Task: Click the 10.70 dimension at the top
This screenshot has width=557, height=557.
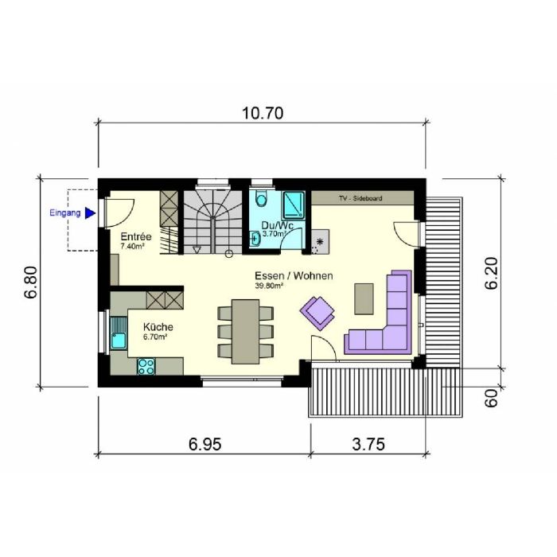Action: point(263,113)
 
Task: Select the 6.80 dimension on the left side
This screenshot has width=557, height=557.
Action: point(31,282)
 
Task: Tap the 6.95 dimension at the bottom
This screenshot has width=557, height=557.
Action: point(205,444)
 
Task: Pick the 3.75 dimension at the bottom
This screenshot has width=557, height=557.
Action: point(368,444)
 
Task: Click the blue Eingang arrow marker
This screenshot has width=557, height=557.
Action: point(91,213)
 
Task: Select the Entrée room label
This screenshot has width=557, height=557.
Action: point(136,236)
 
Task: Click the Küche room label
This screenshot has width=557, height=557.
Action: point(158,326)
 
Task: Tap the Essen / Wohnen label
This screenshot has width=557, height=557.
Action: point(294,275)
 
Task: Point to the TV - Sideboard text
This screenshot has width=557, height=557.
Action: point(360,198)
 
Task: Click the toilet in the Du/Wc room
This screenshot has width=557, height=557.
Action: point(262,199)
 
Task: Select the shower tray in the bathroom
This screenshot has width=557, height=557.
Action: point(294,205)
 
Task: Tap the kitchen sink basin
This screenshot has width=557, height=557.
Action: point(119,341)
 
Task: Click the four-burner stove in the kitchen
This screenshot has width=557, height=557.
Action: point(146,367)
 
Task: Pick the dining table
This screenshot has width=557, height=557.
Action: point(245,332)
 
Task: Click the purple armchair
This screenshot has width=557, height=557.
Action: point(317,313)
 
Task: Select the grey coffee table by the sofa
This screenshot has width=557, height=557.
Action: point(364,298)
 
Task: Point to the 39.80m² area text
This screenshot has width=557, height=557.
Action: point(269,286)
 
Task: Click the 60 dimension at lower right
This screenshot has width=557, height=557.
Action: point(491,398)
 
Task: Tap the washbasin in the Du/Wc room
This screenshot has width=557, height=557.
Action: point(255,239)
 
